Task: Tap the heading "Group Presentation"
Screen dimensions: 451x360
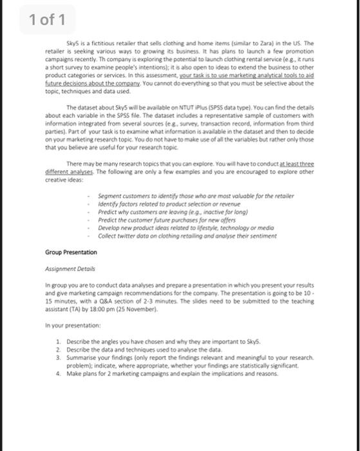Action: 71,252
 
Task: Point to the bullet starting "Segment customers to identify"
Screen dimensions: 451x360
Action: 195,195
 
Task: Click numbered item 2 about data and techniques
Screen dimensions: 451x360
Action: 146,350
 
